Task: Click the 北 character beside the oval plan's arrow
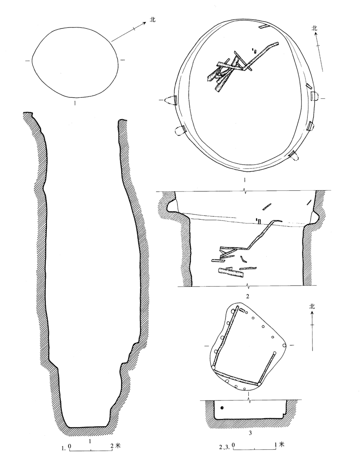pos(153,20)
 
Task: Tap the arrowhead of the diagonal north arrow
pos(144,23)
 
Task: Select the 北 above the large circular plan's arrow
pos(315,28)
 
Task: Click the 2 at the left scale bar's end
pos(112,439)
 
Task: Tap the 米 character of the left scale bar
pos(118,439)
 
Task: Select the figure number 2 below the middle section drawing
pos(247,297)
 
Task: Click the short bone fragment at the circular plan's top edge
pos(264,27)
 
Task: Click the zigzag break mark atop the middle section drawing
pos(245,191)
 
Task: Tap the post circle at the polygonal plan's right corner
pos(284,345)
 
